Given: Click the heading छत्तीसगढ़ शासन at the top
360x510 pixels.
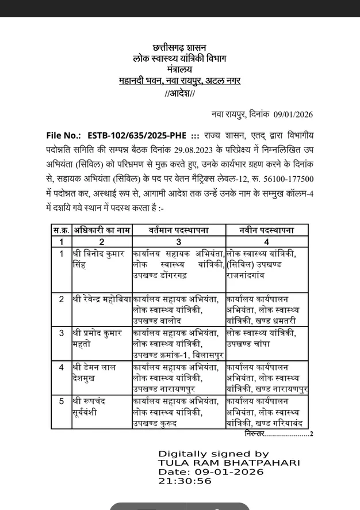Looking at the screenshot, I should (179, 47).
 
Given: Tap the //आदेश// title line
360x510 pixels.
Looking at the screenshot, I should (179, 94).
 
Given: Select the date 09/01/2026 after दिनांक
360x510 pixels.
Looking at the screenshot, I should (293, 115).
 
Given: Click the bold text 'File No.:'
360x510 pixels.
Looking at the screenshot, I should (64, 136).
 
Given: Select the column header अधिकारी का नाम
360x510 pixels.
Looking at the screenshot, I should (102, 230).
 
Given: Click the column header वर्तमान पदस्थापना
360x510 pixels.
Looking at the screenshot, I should (178, 230).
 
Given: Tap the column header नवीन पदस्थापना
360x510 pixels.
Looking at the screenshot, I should (266, 230).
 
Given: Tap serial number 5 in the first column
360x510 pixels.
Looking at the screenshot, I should (62, 401).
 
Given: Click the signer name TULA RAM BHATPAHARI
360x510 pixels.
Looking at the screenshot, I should (229, 463).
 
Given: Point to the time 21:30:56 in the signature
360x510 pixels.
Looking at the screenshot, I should (185, 481).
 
